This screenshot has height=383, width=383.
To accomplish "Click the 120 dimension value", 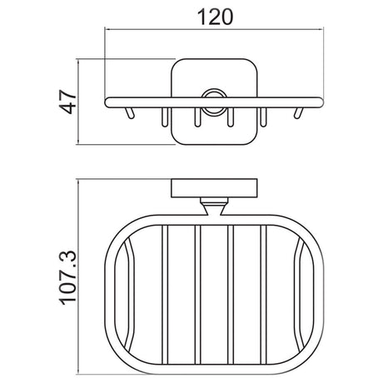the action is tap(215, 17).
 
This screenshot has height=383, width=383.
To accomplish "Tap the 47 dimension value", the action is tap(68, 102).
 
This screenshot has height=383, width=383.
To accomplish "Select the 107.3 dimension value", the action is tap(68, 278).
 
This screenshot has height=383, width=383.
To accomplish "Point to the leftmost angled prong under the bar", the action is tap(130, 113).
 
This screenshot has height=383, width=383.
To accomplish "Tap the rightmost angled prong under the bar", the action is tap(298, 113).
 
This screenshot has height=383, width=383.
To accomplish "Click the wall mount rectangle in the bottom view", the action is tap(214, 188).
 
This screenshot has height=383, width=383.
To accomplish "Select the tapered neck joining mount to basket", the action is tap(214, 207).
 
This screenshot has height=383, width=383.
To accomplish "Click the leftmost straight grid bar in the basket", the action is tap(165, 294).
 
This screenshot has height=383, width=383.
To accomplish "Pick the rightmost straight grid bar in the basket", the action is tap(263, 294).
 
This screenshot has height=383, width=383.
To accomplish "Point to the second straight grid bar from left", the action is tap(197, 294).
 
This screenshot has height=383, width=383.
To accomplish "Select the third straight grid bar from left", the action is tap(231, 294).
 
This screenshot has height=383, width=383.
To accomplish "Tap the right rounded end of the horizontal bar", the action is tap(319, 102).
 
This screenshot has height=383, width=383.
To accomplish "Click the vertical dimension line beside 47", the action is tap(78, 102).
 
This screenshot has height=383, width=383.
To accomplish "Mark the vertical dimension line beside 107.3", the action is tap(78, 277).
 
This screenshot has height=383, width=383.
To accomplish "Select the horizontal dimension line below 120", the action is tap(214, 28).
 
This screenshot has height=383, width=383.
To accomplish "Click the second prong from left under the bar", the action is tap(165, 117).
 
